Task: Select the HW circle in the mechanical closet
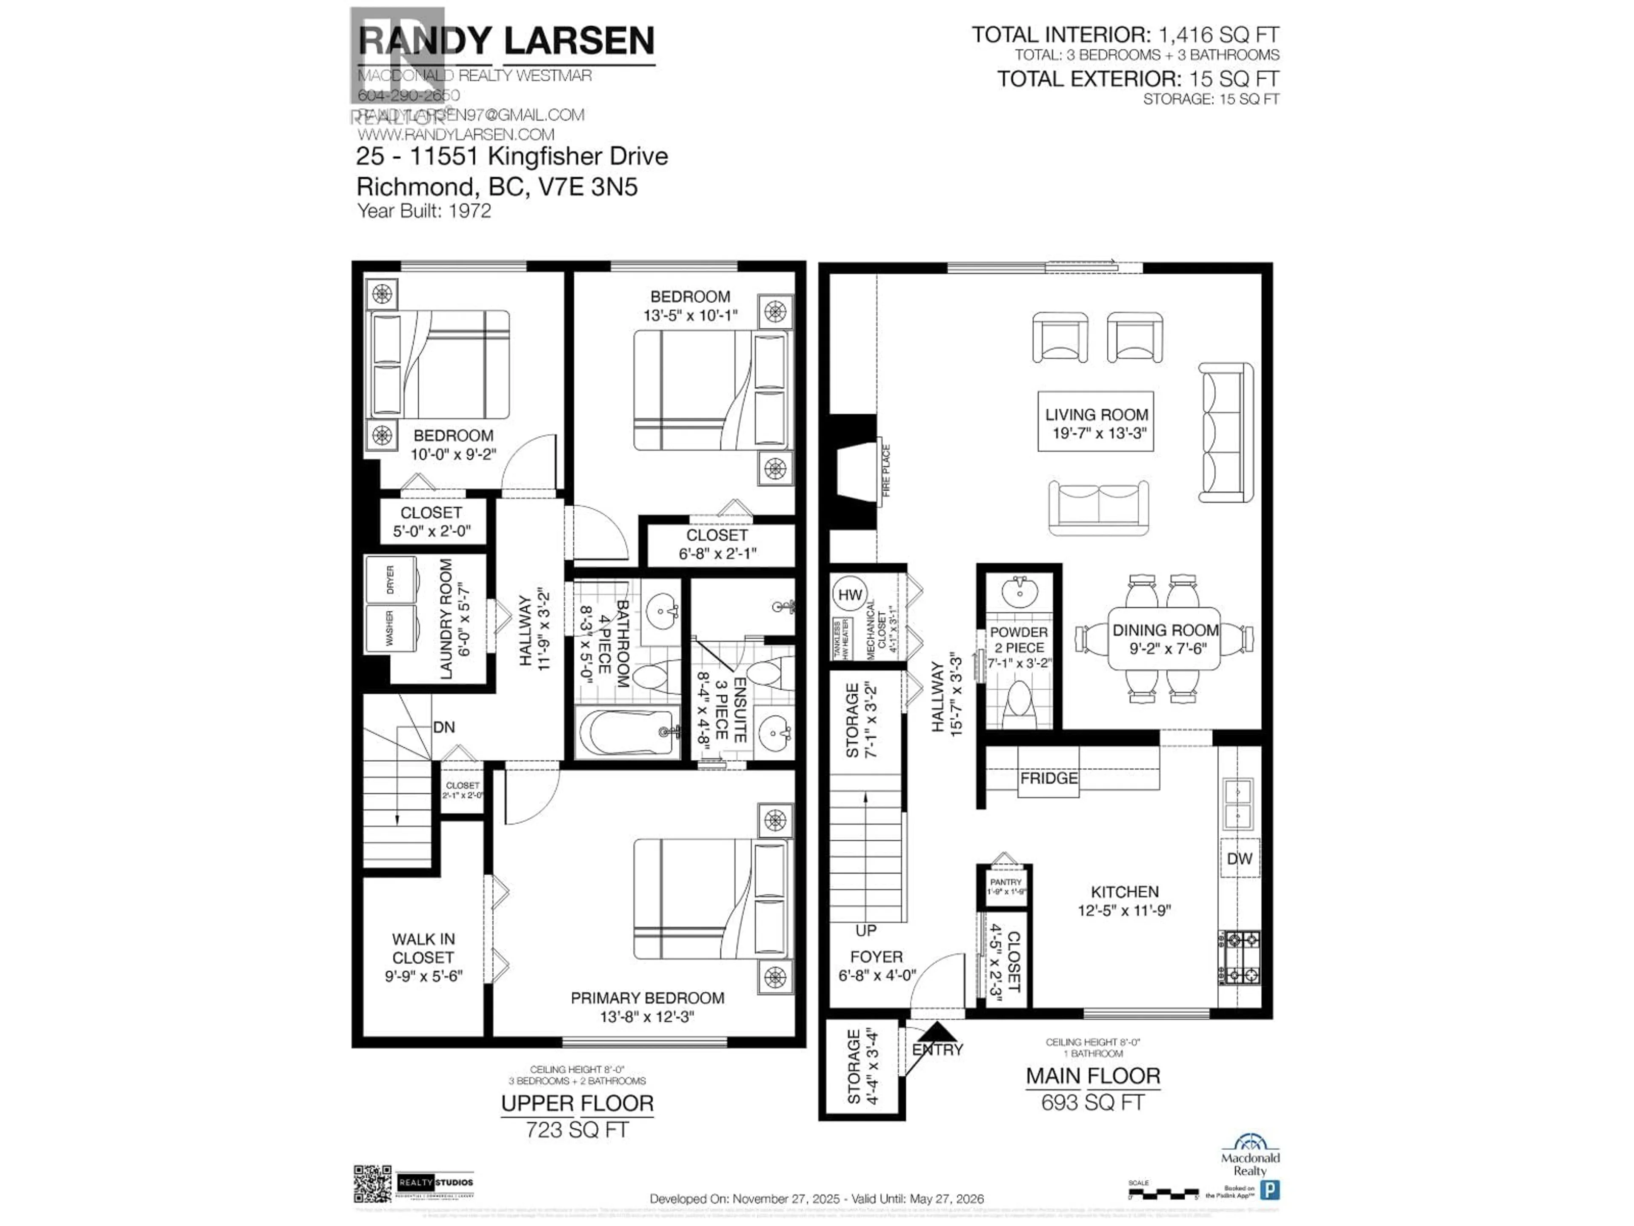click(x=849, y=594)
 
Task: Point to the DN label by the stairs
click(x=443, y=727)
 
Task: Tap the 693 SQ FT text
click(x=1093, y=1103)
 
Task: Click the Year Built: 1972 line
click(x=424, y=211)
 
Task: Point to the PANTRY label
click(x=1006, y=882)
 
